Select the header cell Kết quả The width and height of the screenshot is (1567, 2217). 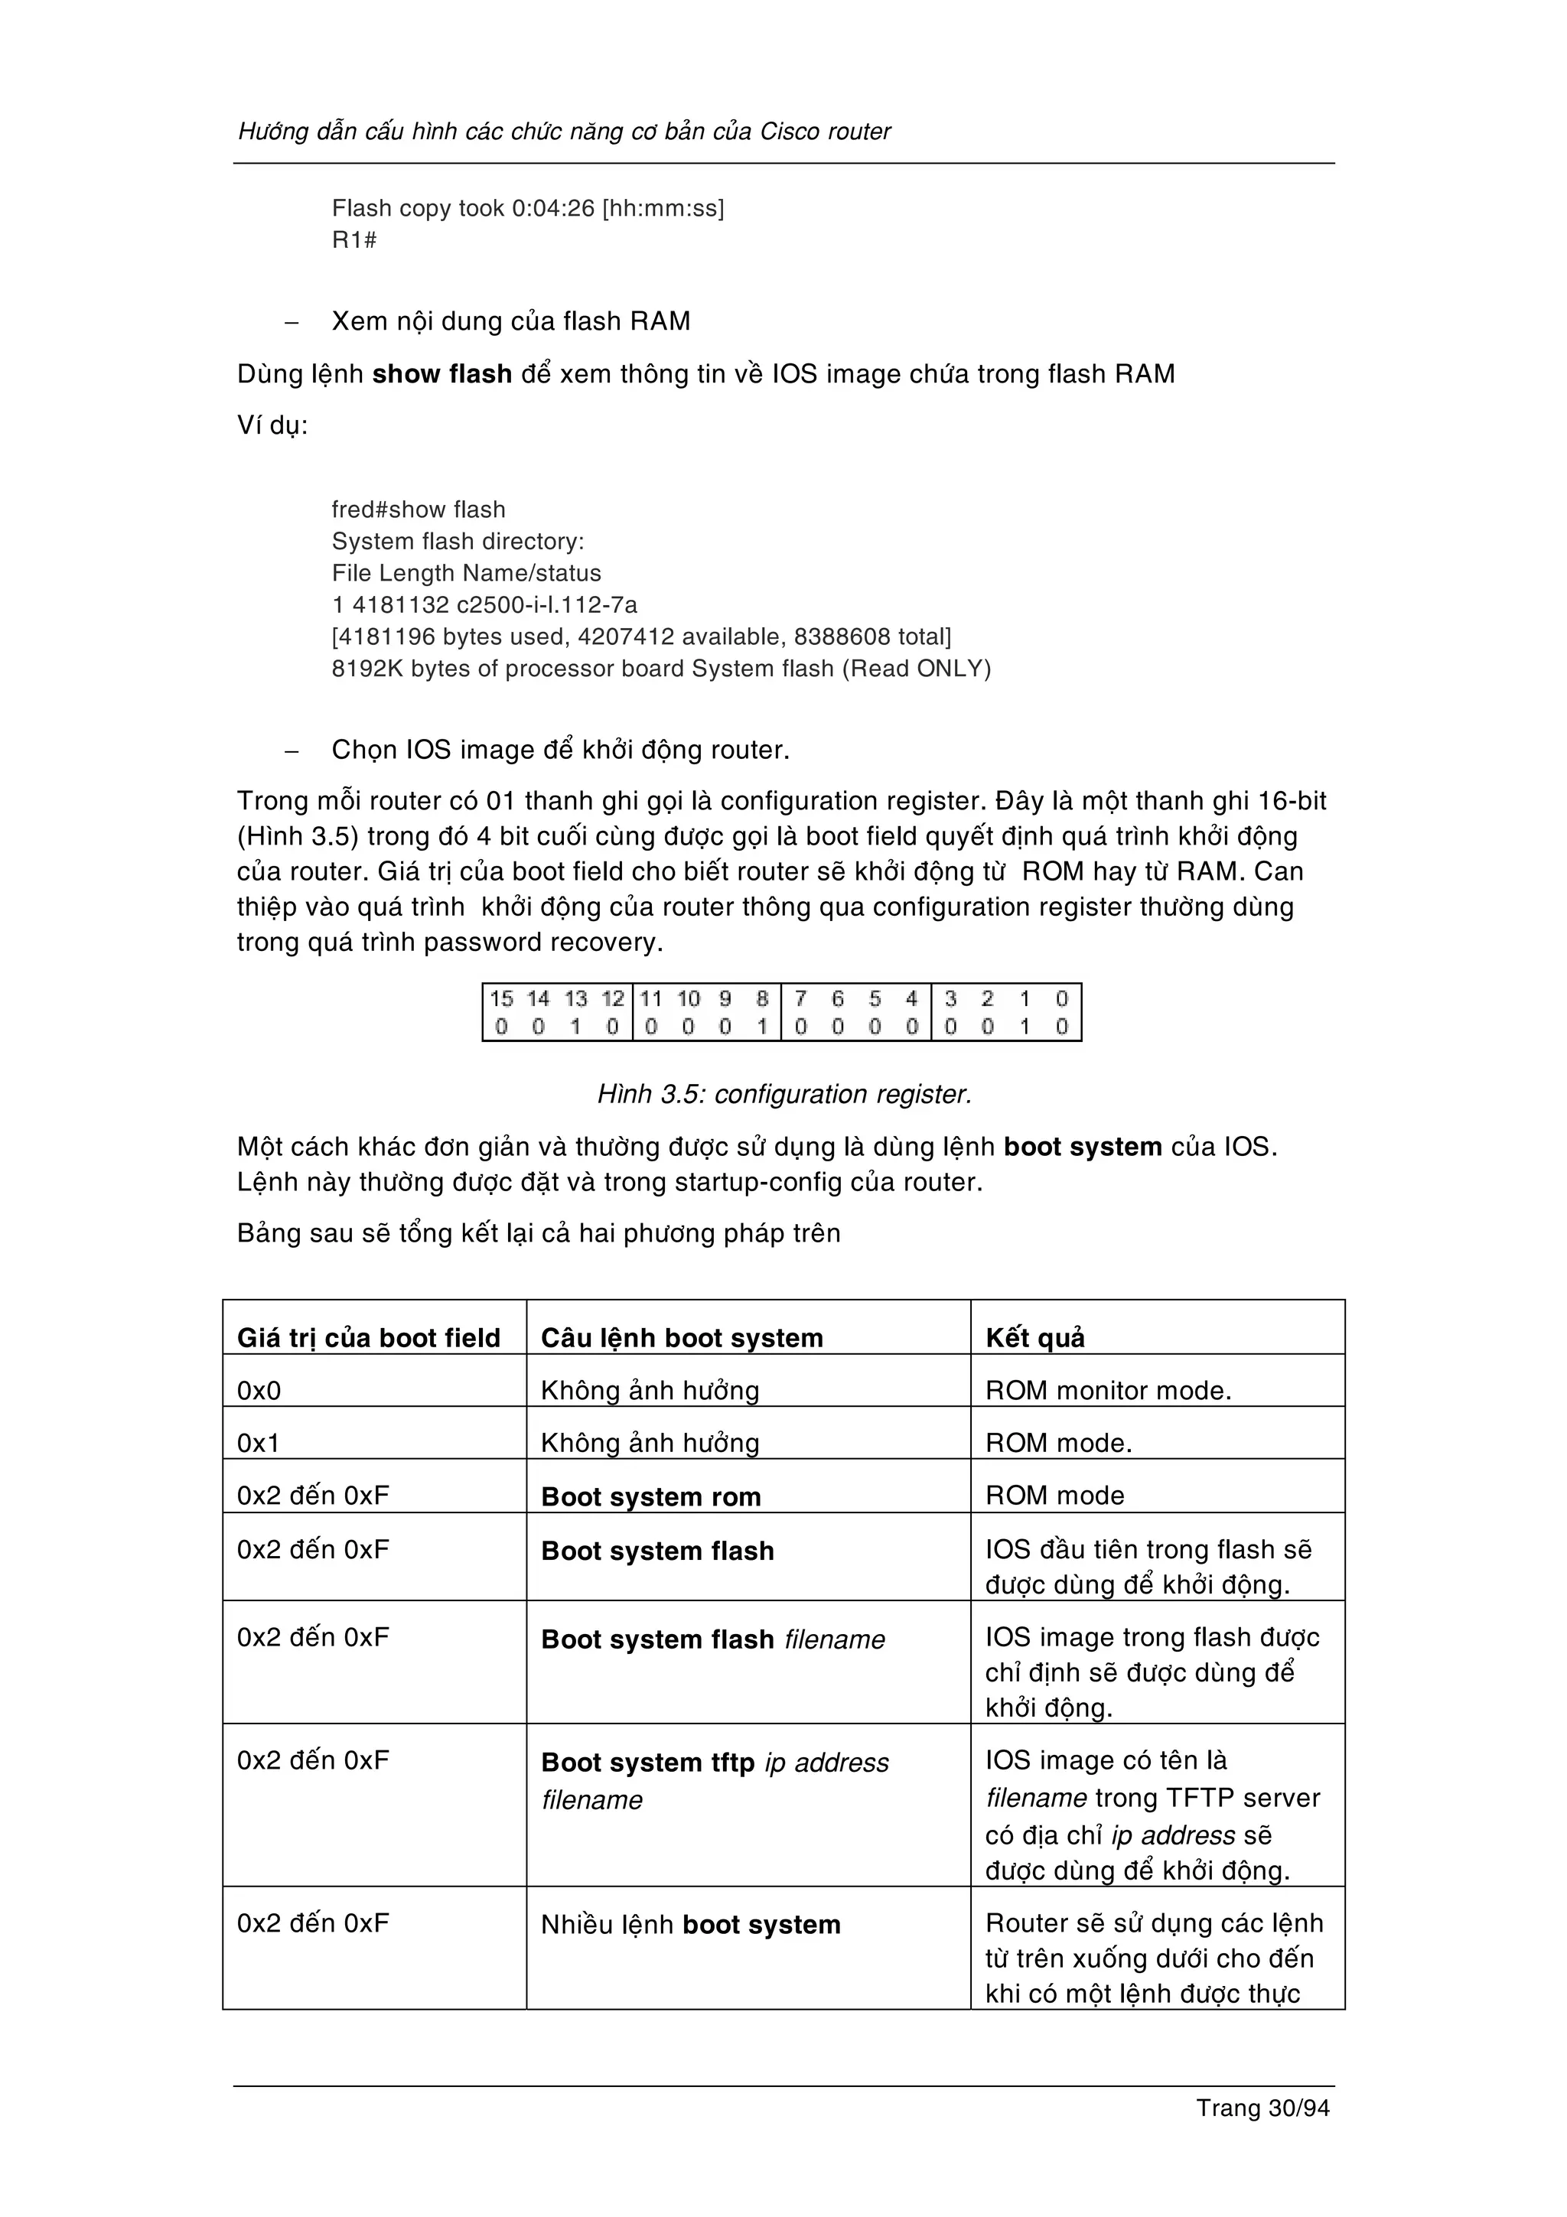point(1035,1337)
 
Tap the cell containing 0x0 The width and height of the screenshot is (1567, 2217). point(259,1391)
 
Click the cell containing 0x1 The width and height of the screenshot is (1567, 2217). point(259,1443)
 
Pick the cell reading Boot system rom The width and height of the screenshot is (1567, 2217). point(650,1496)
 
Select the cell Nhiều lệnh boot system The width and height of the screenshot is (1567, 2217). point(690,1925)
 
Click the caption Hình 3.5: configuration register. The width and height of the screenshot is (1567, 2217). point(784,1094)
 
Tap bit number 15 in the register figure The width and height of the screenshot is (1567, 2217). point(501,998)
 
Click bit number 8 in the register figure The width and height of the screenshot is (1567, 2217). point(762,998)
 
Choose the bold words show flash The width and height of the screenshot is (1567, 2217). point(441,373)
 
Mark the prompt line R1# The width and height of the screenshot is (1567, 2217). point(353,239)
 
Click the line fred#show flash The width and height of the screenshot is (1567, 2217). point(418,509)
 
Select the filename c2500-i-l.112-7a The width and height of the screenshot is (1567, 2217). point(546,604)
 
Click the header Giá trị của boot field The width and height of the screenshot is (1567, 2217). point(369,1337)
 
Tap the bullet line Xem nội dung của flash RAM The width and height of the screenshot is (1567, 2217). point(511,321)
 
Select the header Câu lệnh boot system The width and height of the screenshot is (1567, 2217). point(682,1337)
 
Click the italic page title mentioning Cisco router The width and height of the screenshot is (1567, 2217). point(564,132)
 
